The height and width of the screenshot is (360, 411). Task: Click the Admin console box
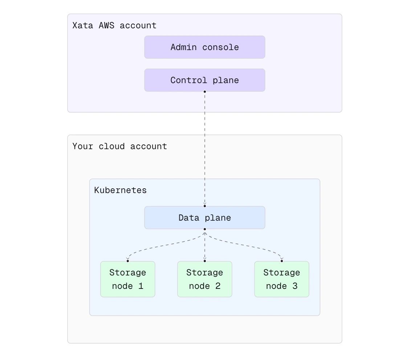[x=205, y=47]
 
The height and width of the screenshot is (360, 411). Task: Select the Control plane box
[x=205, y=80]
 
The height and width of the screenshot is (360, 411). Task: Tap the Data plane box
[x=205, y=218]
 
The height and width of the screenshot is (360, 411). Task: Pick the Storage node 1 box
[x=128, y=279]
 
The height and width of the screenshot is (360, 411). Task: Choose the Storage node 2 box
[x=205, y=279]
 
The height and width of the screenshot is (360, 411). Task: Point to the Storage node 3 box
[x=282, y=279]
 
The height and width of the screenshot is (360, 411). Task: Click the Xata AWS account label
[x=114, y=25]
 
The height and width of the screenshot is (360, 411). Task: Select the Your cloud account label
[x=120, y=146]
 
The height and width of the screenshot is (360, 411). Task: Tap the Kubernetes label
[x=121, y=190]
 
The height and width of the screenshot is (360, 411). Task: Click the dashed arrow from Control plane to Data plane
[x=205, y=149]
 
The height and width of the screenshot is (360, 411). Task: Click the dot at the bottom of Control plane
[x=205, y=91]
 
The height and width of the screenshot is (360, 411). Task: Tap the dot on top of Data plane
[x=205, y=206]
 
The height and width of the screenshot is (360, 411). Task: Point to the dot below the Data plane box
[x=205, y=229]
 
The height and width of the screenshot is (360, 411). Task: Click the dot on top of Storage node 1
[x=128, y=261]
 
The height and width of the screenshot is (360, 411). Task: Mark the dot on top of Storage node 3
[x=282, y=261]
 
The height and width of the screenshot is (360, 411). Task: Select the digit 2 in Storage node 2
[x=218, y=286]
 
